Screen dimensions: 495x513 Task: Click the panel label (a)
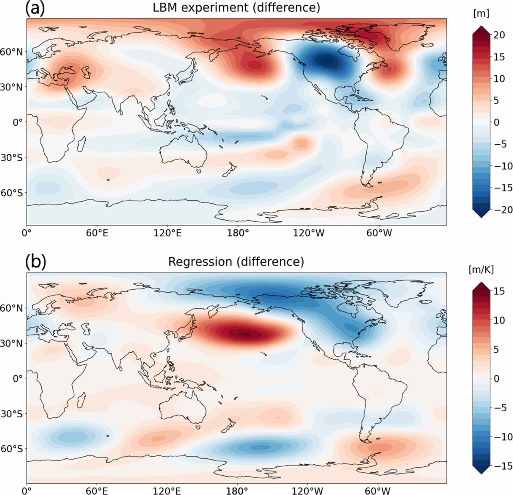pyautogui.click(x=35, y=8)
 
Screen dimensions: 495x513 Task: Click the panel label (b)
pyautogui.click(x=36, y=262)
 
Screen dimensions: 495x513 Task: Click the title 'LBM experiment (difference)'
pyautogui.click(x=236, y=7)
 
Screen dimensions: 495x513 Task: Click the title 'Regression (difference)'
pyautogui.click(x=236, y=262)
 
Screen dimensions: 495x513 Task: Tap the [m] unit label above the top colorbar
pyautogui.click(x=481, y=14)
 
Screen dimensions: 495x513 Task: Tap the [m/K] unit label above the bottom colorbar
pyautogui.click(x=481, y=270)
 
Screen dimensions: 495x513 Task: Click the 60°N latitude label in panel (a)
pyautogui.click(x=11, y=52)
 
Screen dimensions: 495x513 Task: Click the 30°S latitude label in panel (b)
pyautogui.click(x=11, y=414)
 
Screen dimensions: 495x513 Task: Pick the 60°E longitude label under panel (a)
pyautogui.click(x=97, y=233)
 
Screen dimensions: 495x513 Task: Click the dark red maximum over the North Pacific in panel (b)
pyautogui.click(x=242, y=334)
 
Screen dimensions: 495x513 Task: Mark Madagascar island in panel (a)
pyautogui.click(x=81, y=143)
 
